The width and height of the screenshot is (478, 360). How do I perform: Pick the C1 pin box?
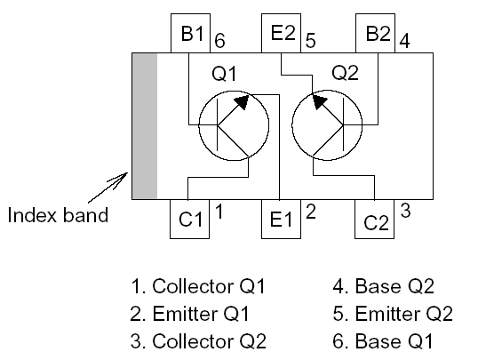[190, 219]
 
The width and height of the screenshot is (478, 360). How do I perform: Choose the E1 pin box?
[282, 219]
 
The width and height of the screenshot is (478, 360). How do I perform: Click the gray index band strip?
[144, 125]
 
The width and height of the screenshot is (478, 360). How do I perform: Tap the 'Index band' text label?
[57, 215]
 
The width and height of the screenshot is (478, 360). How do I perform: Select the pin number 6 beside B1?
[219, 41]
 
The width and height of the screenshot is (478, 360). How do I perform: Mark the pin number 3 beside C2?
[405, 211]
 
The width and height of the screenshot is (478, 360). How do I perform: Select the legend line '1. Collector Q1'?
[197, 287]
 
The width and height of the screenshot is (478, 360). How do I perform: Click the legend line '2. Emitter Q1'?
[191, 314]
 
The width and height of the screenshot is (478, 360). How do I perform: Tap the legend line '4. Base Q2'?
[388, 287]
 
